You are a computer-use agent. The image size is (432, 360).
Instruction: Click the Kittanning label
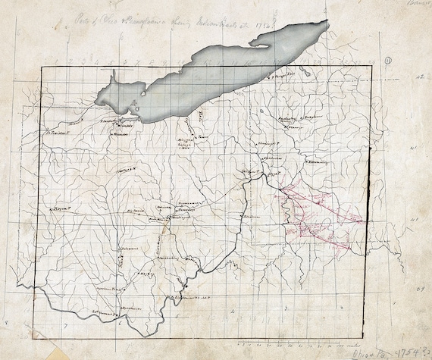coord(315,161)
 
